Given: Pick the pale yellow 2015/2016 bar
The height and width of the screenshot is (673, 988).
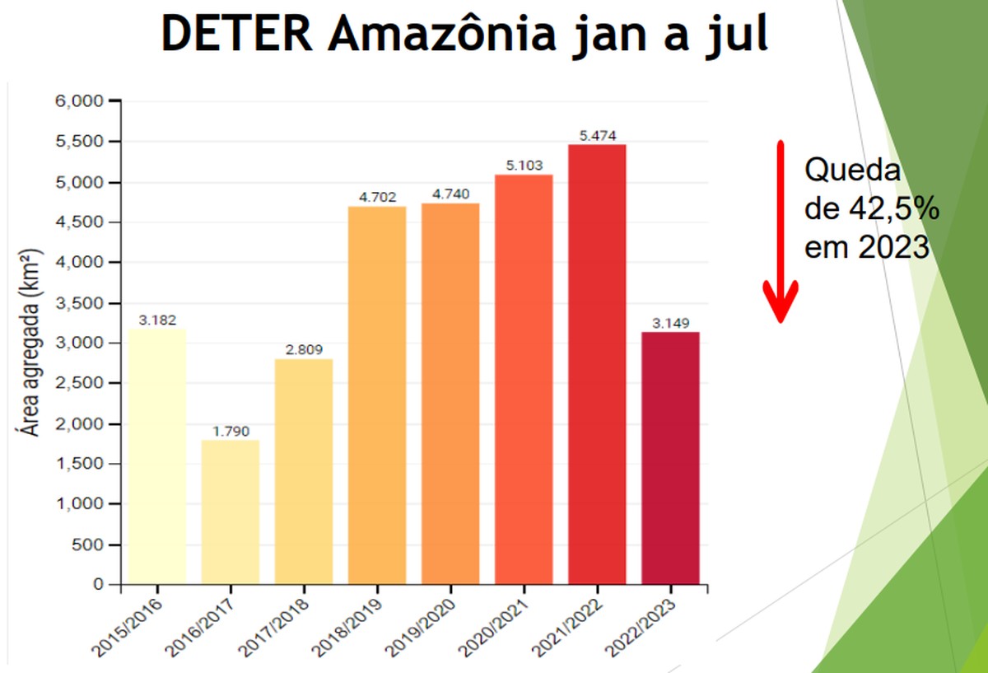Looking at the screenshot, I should click(157, 456).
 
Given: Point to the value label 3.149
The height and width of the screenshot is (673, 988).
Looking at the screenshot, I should click(670, 322).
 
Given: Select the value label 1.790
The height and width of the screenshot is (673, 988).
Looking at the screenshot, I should click(231, 431).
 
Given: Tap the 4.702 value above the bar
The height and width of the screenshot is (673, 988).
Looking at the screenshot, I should click(377, 197).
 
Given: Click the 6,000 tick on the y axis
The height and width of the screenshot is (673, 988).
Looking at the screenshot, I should click(81, 101).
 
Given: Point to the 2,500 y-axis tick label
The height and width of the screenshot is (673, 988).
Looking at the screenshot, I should click(81, 384).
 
